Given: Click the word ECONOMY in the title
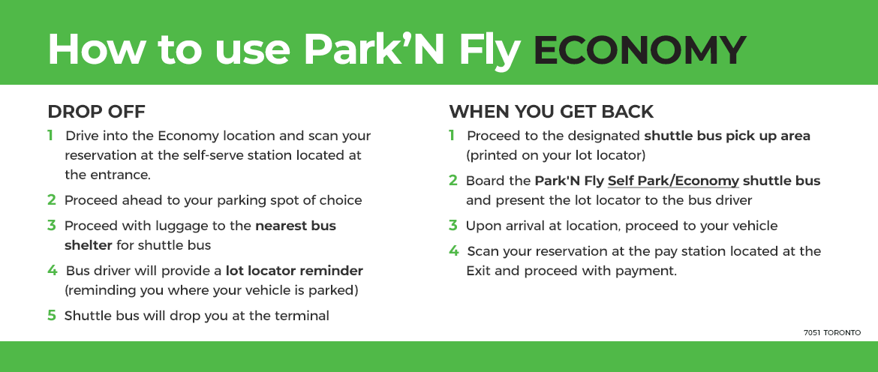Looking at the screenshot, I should pos(639,49).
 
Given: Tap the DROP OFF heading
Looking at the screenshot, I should pos(96,112).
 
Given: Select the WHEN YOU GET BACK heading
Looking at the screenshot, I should pos(551,112).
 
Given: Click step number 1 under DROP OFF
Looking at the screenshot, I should pos(50,136).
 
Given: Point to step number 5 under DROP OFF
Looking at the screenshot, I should pos(51,315).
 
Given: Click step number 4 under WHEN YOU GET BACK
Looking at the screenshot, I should pos(453,250).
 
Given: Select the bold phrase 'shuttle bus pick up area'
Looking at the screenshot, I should pos(727,136).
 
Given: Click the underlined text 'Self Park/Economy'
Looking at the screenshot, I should pos(673,181).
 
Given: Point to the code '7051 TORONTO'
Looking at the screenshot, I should pos(831,332).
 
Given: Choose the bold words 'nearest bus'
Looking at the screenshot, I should pos(296,225).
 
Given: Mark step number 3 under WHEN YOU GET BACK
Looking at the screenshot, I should pos(453,225).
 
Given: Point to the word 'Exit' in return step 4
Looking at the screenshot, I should pos(479,270).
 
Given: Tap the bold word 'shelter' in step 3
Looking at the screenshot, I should pos(89,244).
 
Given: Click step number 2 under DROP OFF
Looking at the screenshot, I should pos(51,200).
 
